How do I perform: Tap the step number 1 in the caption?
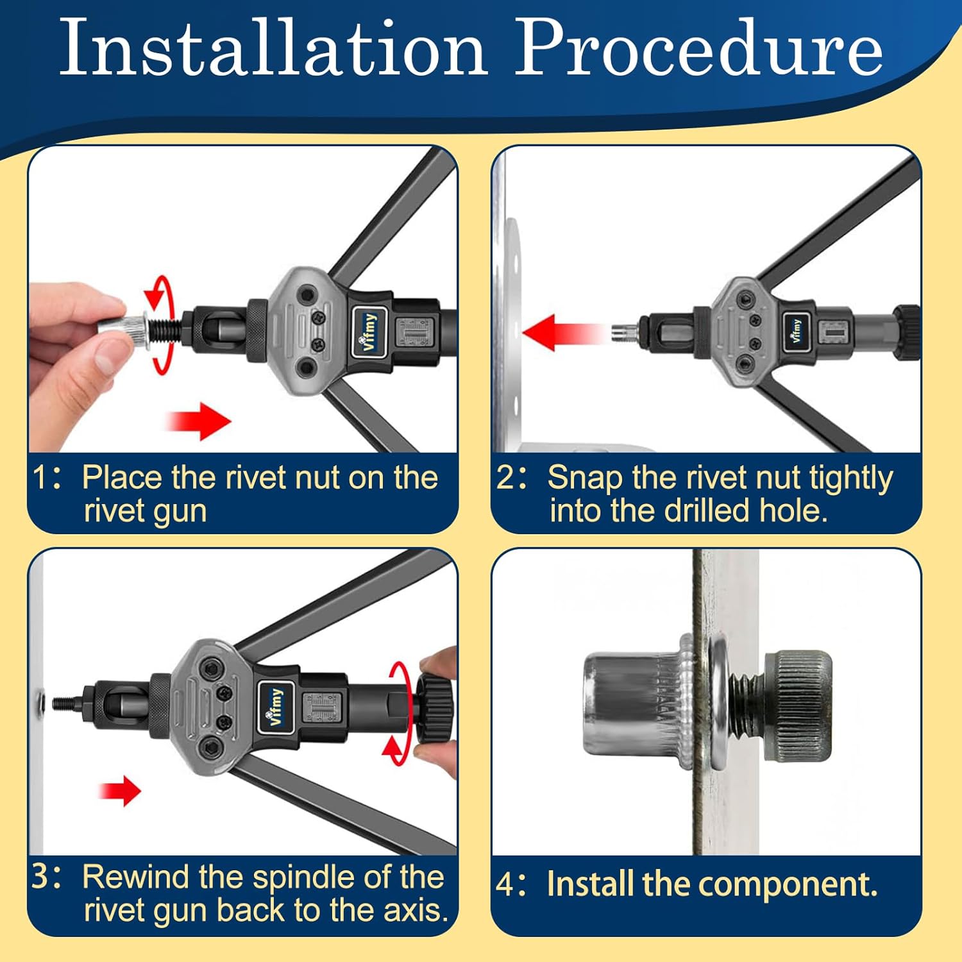[x=40, y=478]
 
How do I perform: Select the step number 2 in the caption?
[x=505, y=478]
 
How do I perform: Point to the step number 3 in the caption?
[x=40, y=877]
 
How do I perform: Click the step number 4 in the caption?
[x=505, y=884]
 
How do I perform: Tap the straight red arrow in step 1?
[x=198, y=421]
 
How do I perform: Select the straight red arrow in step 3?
[x=120, y=790]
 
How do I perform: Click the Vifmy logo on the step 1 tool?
[x=369, y=332]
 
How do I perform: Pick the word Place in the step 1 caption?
[x=122, y=478]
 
